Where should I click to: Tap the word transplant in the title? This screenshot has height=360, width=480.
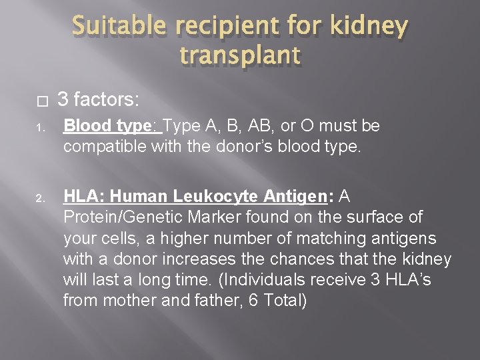click(239, 57)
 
